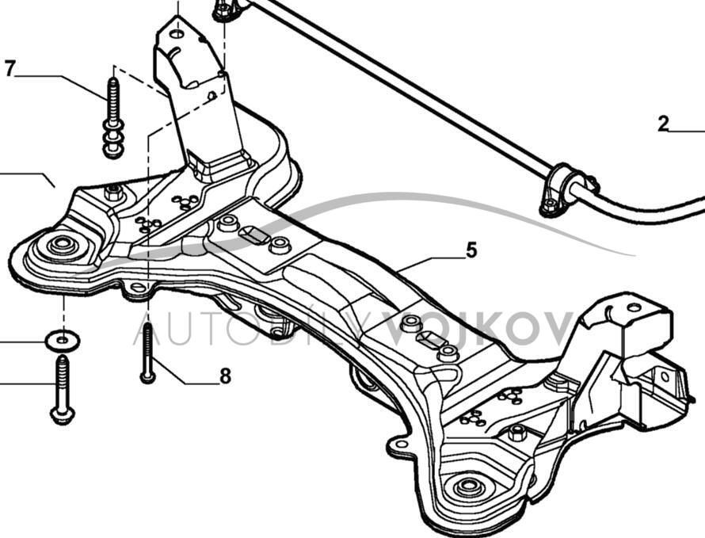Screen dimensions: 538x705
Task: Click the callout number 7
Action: tap(10, 68)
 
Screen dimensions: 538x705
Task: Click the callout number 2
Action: tap(664, 123)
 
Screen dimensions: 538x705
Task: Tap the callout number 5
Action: tap(471, 250)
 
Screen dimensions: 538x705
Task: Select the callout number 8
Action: tap(225, 376)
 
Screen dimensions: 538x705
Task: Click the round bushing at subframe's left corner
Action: tap(63, 245)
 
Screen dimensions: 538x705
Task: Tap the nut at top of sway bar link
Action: tap(223, 10)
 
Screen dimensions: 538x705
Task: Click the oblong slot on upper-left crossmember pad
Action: tap(253, 235)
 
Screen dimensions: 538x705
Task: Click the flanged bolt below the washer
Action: tap(63, 388)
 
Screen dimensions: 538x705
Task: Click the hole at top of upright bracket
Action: tap(178, 34)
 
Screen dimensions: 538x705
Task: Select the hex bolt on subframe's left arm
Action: tap(114, 192)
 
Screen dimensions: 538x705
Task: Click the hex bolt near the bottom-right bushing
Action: tap(517, 433)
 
